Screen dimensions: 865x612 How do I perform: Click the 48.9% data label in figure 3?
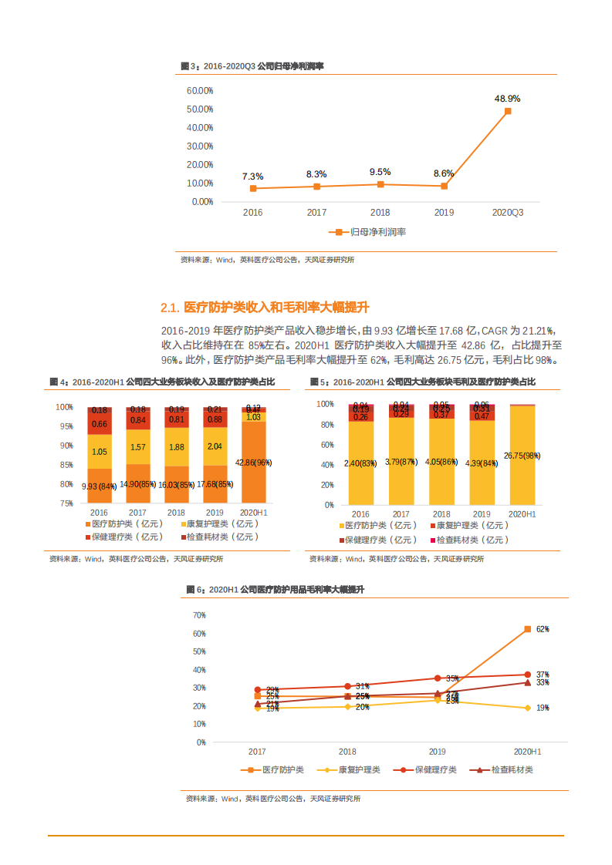pyautogui.click(x=507, y=99)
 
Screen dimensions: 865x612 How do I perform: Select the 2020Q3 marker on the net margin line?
pyautogui.click(x=508, y=111)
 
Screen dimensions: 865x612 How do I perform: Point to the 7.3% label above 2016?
pyautogui.click(x=252, y=177)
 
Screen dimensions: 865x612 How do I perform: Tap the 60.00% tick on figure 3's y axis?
pyautogui.click(x=200, y=90)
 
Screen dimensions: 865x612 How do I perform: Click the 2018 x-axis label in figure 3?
pyautogui.click(x=380, y=212)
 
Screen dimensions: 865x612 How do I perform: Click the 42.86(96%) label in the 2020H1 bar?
pyautogui.click(x=253, y=463)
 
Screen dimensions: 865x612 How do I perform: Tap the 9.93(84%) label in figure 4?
pyautogui.click(x=99, y=485)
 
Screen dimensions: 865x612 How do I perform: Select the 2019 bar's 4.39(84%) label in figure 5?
pyautogui.click(x=482, y=463)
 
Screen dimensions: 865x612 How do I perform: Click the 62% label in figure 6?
pyautogui.click(x=542, y=629)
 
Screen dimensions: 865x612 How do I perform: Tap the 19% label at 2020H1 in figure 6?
pyautogui.click(x=542, y=708)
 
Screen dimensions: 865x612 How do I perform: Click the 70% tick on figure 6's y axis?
pyautogui.click(x=198, y=615)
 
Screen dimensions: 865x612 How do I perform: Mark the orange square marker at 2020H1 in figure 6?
pyautogui.click(x=528, y=629)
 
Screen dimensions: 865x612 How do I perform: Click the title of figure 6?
pyautogui.click(x=276, y=589)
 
